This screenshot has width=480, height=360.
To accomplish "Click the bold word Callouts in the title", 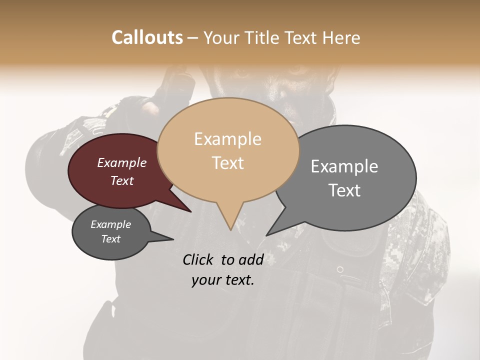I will click(147, 37).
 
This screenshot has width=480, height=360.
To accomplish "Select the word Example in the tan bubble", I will click(227, 139).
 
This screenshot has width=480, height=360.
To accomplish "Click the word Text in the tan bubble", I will click(227, 163).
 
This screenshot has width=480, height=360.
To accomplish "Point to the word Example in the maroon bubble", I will click(122, 162).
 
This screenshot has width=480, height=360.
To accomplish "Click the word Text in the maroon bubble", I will click(122, 180).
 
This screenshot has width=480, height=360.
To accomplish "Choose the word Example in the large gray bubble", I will click(344, 166).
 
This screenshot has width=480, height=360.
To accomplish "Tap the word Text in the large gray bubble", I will click(344, 190).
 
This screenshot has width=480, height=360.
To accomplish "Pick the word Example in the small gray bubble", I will click(111, 224).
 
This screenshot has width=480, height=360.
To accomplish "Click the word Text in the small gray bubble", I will click(111, 239).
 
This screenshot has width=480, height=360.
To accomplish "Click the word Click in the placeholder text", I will click(199, 259).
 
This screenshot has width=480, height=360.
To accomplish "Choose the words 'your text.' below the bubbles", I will click(223, 280).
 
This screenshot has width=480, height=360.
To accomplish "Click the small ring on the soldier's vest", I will click(340, 269).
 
